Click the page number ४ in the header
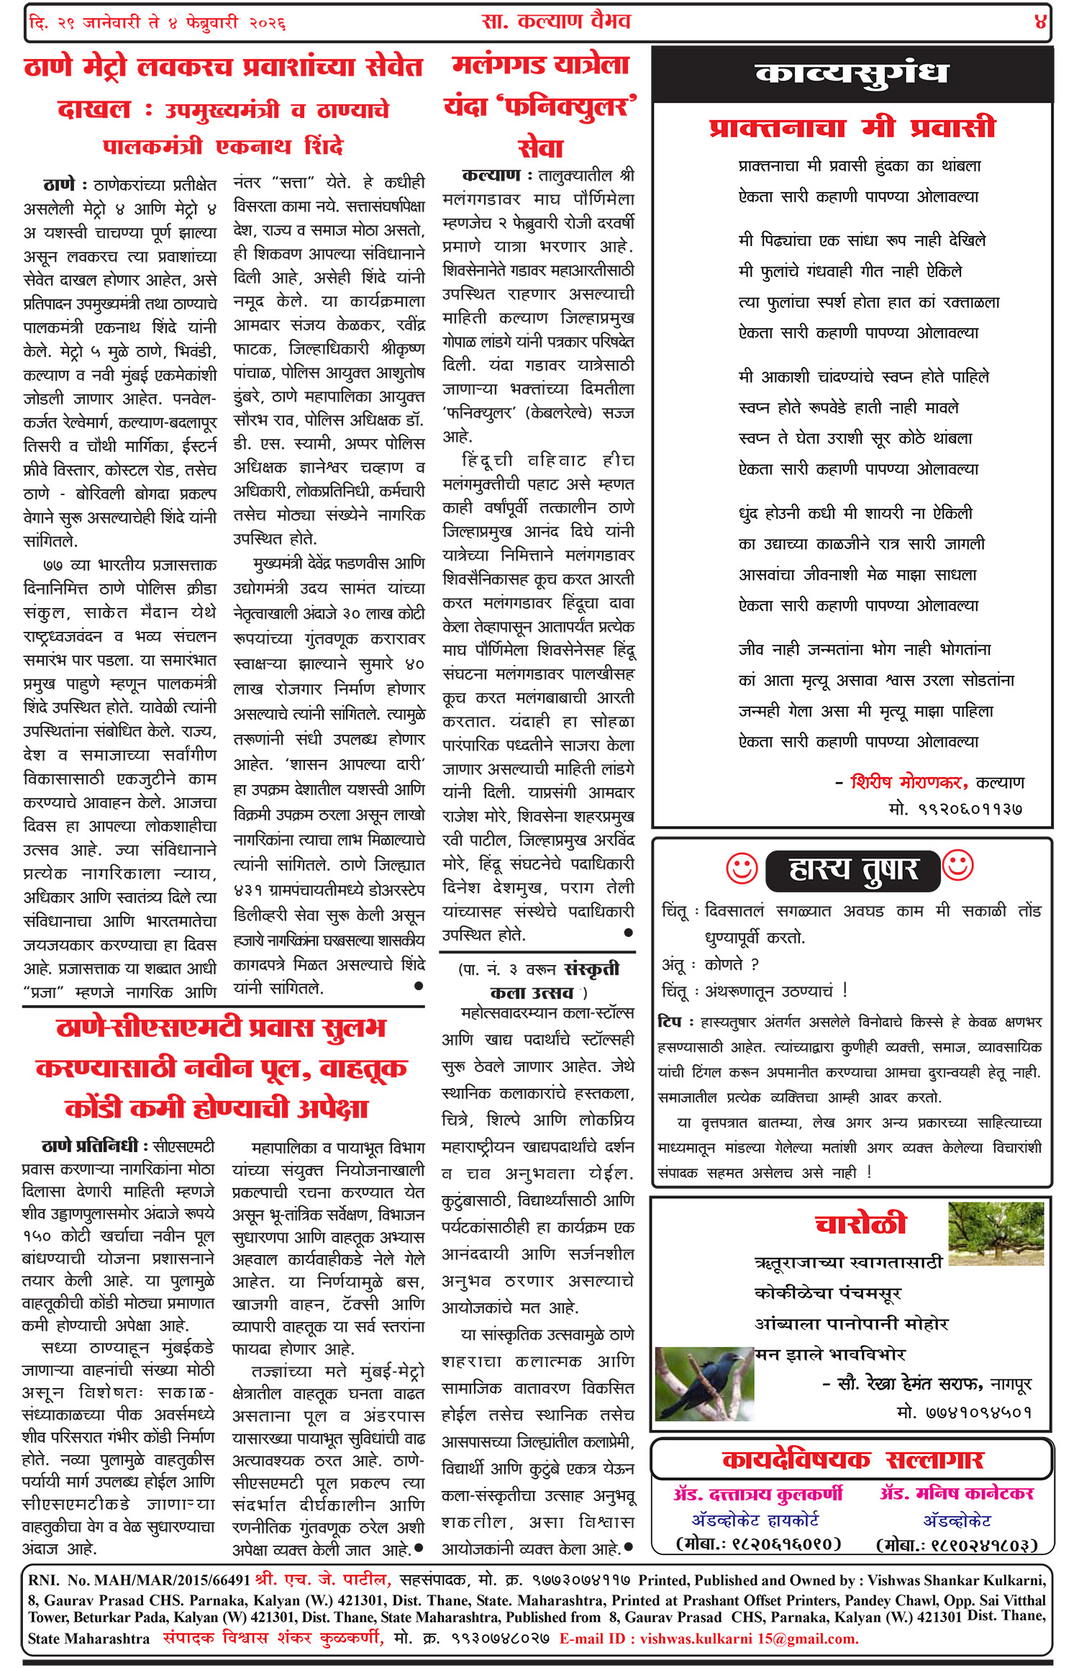[x=1039, y=22]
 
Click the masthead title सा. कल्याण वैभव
[x=556, y=22]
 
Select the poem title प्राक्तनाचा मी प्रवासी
[x=852, y=128]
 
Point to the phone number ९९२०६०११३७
[x=956, y=809]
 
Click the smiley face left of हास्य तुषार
[x=742, y=869]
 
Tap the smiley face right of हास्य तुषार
[x=958, y=866]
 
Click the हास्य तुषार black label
[x=853, y=870]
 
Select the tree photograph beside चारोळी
[x=996, y=1233]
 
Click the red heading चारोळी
[x=860, y=1224]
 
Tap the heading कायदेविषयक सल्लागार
[x=852, y=1459]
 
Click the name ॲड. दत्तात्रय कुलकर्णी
[x=758, y=1494]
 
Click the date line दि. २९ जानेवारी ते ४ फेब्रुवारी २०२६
[x=158, y=23]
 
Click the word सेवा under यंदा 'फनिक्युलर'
[x=540, y=148]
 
